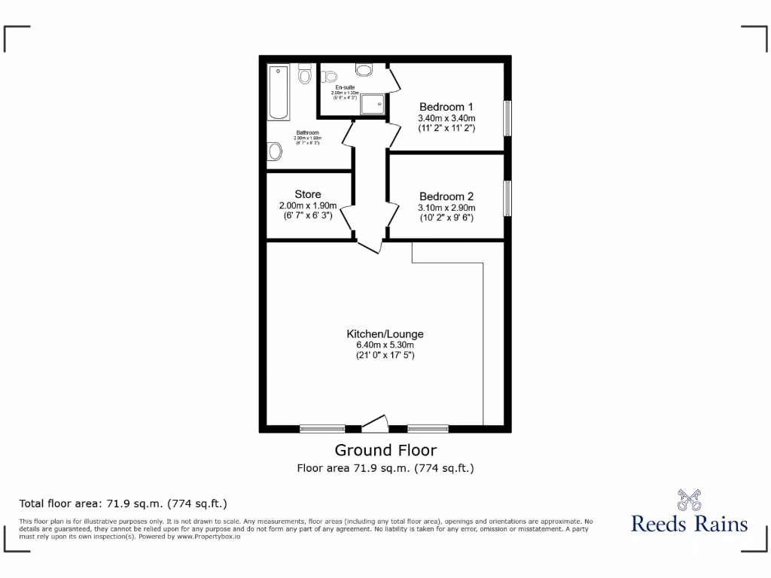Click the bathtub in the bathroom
click(279, 93)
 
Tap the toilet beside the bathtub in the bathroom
click(305, 74)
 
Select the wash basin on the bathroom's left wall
click(275, 152)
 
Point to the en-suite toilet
click(364, 69)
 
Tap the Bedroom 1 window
click(507, 117)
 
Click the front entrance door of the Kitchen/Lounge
click(375, 424)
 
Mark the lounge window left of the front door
click(322, 429)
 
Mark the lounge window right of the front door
click(428, 429)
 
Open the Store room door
click(348, 218)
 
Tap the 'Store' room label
click(308, 195)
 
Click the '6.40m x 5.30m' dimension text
click(385, 345)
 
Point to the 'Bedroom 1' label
click(446, 106)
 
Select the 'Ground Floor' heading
click(385, 450)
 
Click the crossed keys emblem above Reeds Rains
click(689, 499)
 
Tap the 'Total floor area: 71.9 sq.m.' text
click(123, 503)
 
